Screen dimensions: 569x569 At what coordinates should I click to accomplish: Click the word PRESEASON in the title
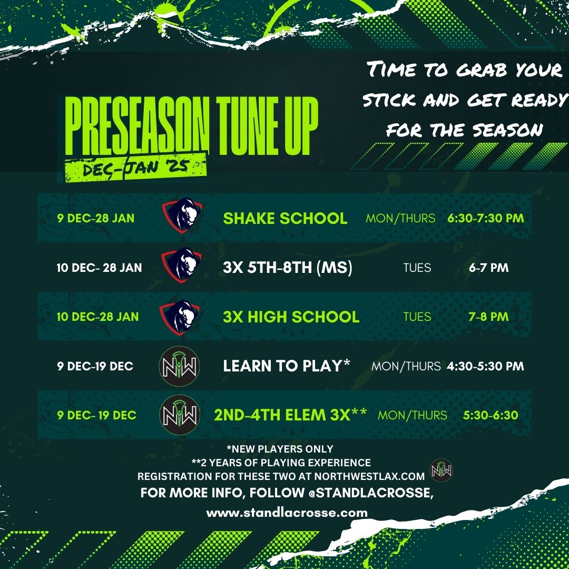137,126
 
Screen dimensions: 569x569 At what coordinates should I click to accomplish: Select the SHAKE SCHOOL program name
285,218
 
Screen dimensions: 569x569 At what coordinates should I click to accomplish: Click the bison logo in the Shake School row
182,215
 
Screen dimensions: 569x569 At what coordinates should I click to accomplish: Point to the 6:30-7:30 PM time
486,218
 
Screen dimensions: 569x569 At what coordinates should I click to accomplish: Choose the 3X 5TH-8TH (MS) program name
288,268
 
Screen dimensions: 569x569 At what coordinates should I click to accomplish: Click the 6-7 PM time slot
488,268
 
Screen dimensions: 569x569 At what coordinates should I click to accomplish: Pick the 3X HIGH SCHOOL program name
291,317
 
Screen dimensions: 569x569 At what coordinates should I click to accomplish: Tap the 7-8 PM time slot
488,317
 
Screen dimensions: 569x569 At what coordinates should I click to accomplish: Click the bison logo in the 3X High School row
180,317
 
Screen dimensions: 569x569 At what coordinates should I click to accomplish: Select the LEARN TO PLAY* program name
287,366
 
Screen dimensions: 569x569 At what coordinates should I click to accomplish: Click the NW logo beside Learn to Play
179,366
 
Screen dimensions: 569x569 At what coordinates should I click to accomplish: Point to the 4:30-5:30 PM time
486,366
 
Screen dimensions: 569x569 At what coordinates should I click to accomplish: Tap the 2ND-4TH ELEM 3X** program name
290,415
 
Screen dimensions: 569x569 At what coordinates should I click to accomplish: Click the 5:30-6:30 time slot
490,415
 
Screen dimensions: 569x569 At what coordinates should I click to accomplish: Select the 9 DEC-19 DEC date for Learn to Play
95,366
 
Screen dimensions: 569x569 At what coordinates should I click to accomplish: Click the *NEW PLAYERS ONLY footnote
280,449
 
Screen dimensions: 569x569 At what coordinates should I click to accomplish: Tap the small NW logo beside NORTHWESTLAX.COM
442,470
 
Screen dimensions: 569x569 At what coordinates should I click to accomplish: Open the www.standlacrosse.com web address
287,513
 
